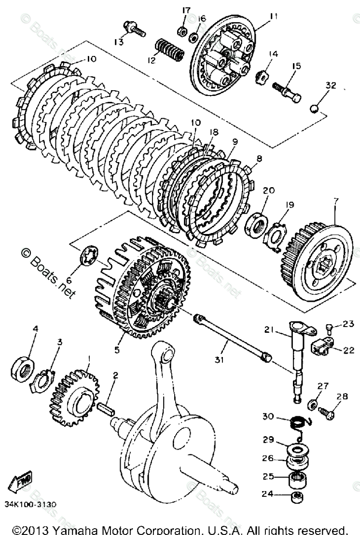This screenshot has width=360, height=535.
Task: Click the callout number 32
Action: pyautogui.click(x=331, y=85)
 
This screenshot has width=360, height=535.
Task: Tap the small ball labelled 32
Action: pyautogui.click(x=314, y=109)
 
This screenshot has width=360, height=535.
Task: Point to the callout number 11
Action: pyautogui.click(x=274, y=16)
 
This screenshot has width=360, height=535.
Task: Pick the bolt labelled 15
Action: pyautogui.click(x=288, y=92)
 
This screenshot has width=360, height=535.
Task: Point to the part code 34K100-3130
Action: pyautogui.click(x=31, y=505)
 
